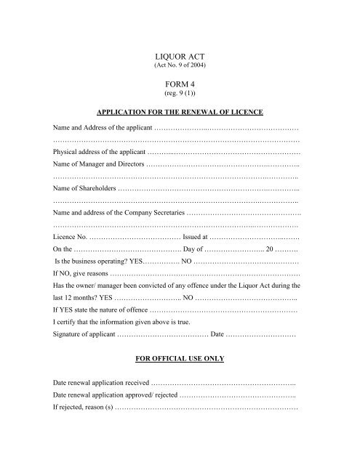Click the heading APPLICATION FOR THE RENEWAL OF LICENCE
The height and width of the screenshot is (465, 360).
(x=179, y=113)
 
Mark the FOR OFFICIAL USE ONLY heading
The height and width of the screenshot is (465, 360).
(x=179, y=359)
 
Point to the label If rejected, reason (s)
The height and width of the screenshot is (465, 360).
(x=83, y=408)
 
